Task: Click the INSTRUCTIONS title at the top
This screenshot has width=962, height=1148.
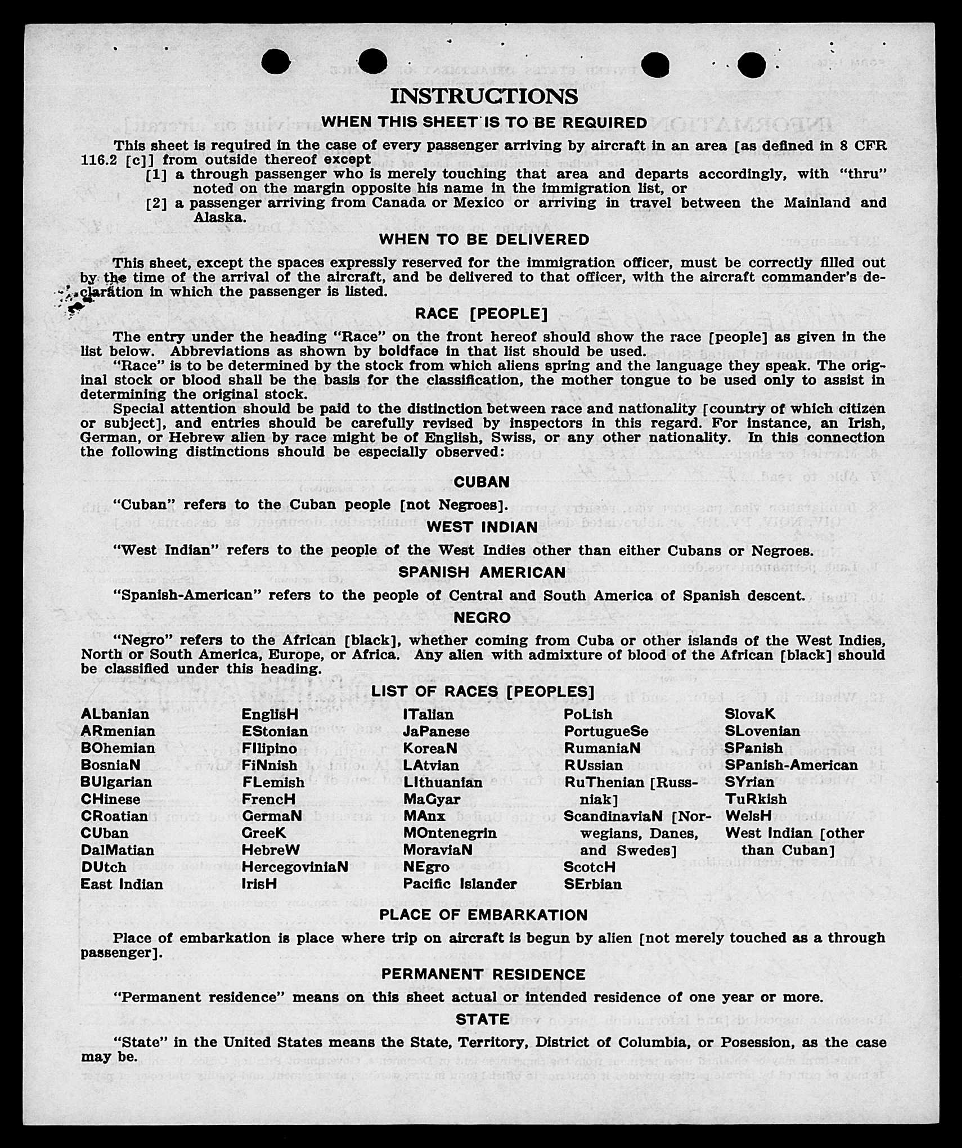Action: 483,96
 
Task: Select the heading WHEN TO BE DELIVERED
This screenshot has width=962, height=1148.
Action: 484,239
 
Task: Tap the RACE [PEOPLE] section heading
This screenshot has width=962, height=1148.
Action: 481,313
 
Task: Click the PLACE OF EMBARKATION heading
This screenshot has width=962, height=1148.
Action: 483,915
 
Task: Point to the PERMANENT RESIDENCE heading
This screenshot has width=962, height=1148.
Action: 483,974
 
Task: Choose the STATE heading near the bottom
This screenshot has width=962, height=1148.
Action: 483,1019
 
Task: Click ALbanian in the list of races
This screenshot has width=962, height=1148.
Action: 115,714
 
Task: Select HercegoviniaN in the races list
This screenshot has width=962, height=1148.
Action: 295,867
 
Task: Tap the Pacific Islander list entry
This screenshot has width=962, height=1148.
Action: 460,884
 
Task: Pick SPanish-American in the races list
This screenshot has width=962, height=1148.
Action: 791,765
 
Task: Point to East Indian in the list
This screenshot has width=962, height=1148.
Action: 122,884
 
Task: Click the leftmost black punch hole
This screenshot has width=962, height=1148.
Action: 276,61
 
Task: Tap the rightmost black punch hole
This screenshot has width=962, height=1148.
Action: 751,65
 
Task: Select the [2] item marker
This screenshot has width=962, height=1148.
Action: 156,203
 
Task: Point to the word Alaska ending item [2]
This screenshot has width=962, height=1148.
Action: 219,217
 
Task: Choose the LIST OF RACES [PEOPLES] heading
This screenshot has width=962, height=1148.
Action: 482,691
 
